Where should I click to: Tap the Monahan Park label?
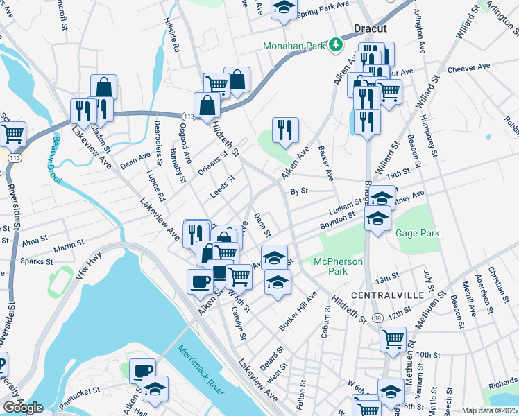(x=294, y=46)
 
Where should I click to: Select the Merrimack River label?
(x=201, y=370)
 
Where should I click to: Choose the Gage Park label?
(x=417, y=234)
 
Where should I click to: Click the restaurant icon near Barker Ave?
(x=285, y=128)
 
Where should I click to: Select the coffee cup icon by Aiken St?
(x=200, y=281)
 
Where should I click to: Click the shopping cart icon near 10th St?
(x=393, y=339)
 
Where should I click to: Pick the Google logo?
(x=23, y=408)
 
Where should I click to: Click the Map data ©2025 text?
(x=489, y=410)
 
